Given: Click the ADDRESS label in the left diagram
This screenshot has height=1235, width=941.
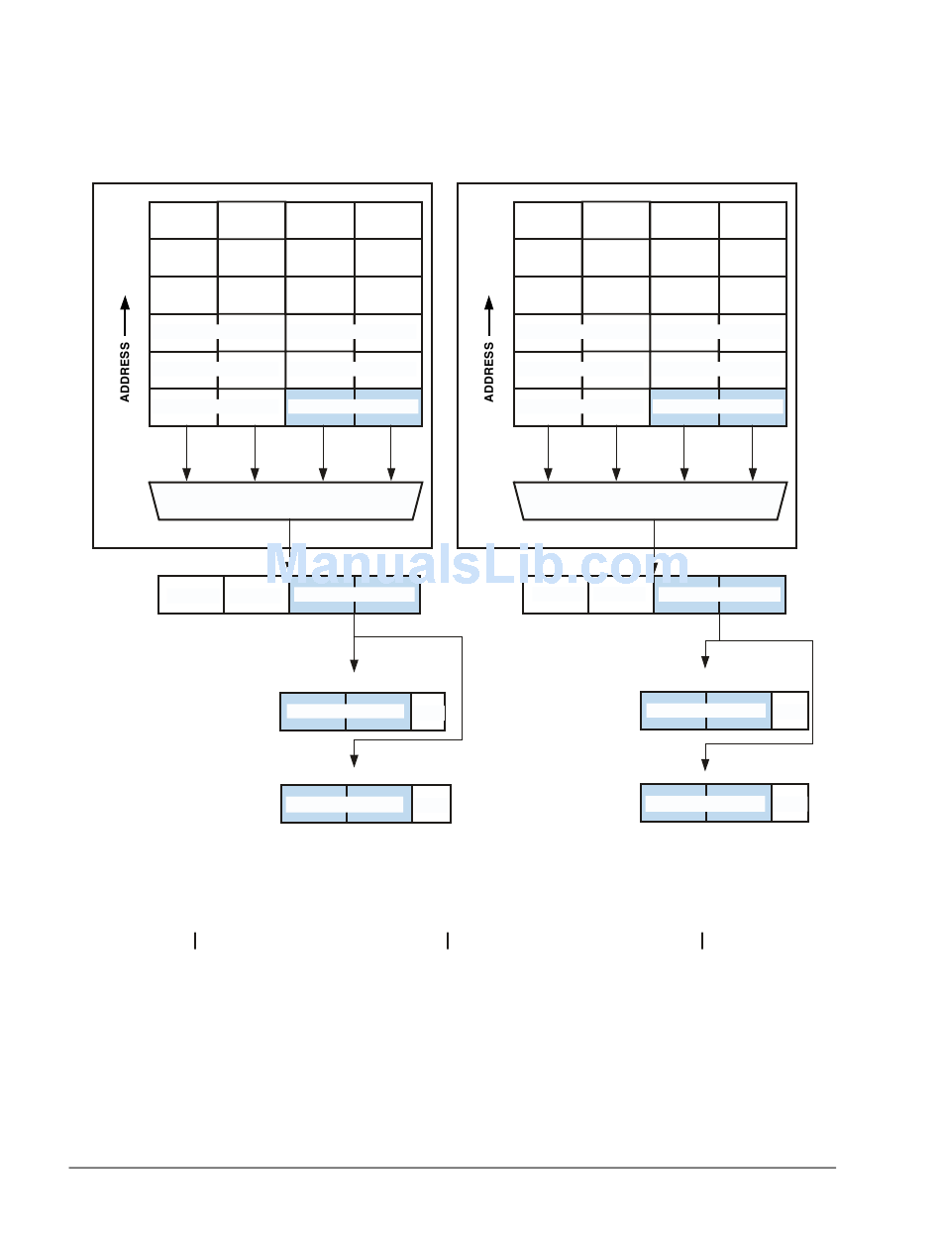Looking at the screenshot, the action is (x=125, y=372).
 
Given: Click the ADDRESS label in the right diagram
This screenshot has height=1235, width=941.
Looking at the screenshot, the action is (x=489, y=372).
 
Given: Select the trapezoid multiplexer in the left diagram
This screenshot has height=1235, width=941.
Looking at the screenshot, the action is (x=285, y=501).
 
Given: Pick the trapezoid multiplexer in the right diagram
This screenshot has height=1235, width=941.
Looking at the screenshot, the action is (x=650, y=501).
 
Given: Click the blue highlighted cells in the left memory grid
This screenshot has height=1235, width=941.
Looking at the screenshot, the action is (x=354, y=407).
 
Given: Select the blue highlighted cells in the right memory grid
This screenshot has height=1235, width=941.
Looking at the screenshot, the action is (x=718, y=407).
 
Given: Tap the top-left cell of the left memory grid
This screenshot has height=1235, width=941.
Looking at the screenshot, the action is (x=183, y=220).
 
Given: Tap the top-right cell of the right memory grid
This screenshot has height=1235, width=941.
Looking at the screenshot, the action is (x=753, y=220).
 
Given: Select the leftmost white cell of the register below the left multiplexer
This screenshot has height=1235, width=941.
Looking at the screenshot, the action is (x=191, y=595).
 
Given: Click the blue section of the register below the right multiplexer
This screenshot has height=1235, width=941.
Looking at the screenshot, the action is (x=719, y=595).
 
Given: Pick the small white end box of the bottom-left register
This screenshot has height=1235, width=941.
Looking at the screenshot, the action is (x=431, y=803).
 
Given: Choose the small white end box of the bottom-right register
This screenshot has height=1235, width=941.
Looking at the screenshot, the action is (x=789, y=803).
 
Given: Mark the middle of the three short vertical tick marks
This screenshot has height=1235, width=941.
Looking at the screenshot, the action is (x=448, y=941).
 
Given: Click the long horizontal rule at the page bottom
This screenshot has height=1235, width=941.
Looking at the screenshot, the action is (x=452, y=1168).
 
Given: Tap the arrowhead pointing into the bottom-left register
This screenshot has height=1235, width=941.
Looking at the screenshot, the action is (x=354, y=760).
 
